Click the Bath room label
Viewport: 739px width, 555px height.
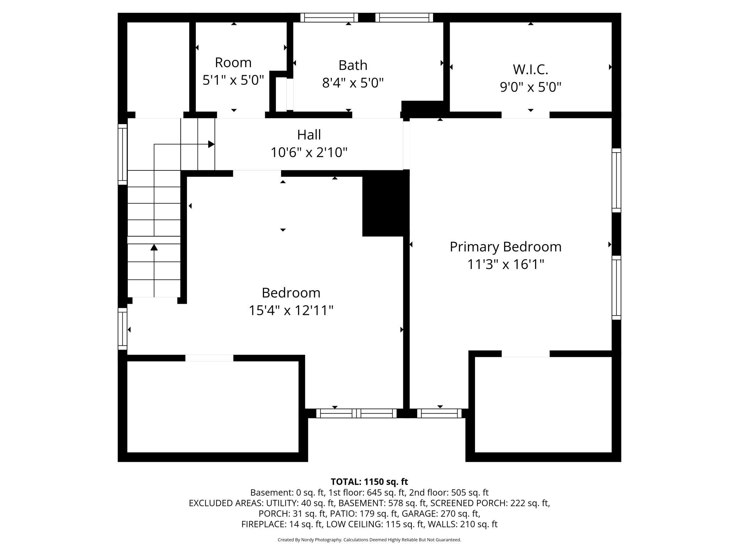[x=353, y=65]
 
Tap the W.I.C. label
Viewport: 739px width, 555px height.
[x=530, y=69]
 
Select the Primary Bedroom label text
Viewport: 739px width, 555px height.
[x=506, y=247]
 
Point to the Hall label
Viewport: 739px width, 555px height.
[x=309, y=135]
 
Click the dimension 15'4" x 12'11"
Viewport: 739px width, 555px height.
[x=291, y=310]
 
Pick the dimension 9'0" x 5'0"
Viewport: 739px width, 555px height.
[x=530, y=87]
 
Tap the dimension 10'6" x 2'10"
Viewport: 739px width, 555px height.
[x=309, y=153]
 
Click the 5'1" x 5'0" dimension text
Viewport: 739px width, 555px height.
[x=233, y=80]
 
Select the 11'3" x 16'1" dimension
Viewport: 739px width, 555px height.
[x=506, y=264]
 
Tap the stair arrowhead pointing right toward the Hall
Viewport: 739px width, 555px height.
[x=211, y=144]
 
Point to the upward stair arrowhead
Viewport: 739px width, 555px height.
[x=154, y=247]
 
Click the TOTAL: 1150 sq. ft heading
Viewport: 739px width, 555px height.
[x=369, y=482]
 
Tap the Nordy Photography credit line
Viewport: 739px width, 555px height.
[x=369, y=540]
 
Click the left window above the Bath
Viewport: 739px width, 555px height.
[x=329, y=17]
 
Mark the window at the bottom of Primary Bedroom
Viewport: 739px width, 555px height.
[x=439, y=413]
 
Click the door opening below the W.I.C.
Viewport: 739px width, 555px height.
[x=525, y=115]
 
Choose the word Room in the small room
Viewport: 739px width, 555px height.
[x=233, y=63]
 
